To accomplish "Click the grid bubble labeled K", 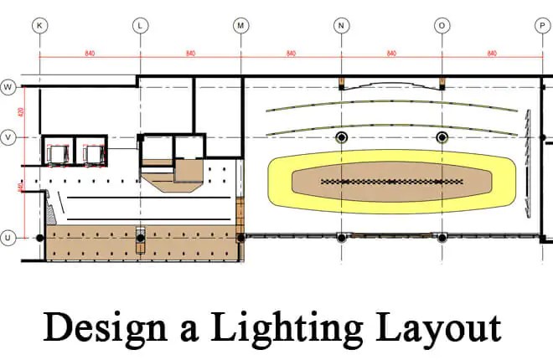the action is pyautogui.click(x=39, y=26).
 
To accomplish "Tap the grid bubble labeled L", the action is pyautogui.click(x=140, y=26).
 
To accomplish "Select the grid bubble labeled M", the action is pyautogui.click(x=240, y=26).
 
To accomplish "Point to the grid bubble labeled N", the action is pyautogui.click(x=341, y=26).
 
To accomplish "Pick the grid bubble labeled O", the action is pyautogui.click(x=442, y=26).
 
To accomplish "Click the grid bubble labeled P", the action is pyautogui.click(x=542, y=26).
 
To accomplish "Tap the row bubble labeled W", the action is pyautogui.click(x=9, y=86).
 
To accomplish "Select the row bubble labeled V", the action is pyautogui.click(x=9, y=136).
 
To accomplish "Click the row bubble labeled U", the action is pyautogui.click(x=9, y=238).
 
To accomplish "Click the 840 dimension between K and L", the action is pyautogui.click(x=90, y=54).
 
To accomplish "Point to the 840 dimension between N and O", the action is pyautogui.click(x=391, y=54).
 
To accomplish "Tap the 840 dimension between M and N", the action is pyautogui.click(x=291, y=54).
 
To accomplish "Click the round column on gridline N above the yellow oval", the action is pyautogui.click(x=341, y=136).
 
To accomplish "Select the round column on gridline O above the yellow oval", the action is pyautogui.click(x=442, y=136).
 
